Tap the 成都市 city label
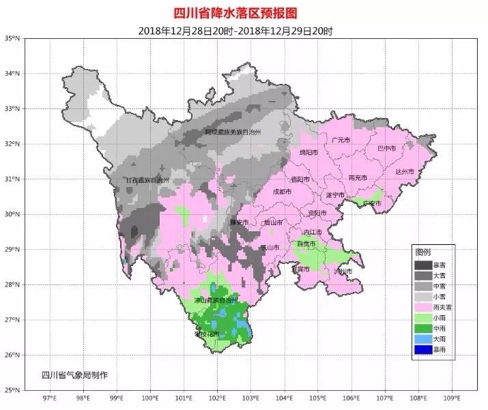click(x=282, y=192)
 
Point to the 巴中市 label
click(x=387, y=147)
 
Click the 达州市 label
click(x=404, y=172)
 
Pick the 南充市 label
click(x=358, y=177)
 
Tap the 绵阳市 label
click(x=308, y=153)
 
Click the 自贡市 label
click(x=305, y=244)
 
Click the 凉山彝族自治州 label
click(x=216, y=299)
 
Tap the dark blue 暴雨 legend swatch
click(x=423, y=350)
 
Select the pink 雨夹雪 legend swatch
click(x=423, y=307)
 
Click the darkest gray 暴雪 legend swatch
click(x=423, y=264)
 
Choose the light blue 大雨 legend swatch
click(x=423, y=339)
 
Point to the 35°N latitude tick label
click(x=12, y=38)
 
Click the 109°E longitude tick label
click(x=450, y=397)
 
